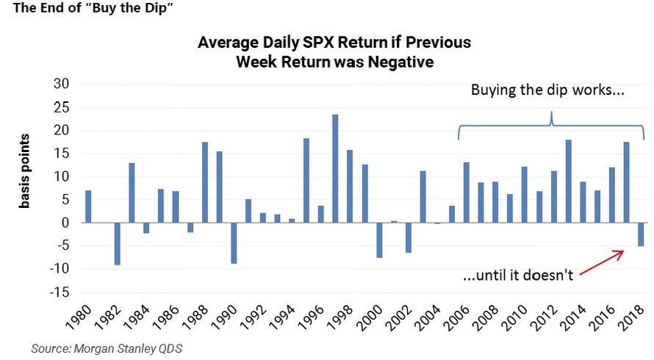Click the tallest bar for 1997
(x=335, y=168)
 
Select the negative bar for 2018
(x=641, y=234)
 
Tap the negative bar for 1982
(x=117, y=243)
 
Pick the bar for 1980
(x=88, y=206)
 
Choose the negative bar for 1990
(x=234, y=242)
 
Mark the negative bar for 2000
(x=379, y=240)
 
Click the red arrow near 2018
(x=602, y=264)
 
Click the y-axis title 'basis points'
(x=25, y=171)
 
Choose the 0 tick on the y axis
(x=65, y=223)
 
